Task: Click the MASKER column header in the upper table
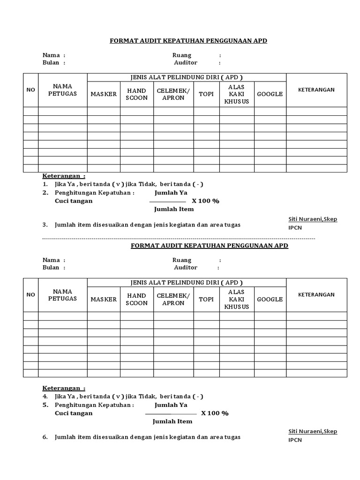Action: point(104,94)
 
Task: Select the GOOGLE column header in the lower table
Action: point(270,299)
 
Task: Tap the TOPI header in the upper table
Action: point(206,94)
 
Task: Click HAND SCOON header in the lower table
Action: point(137,299)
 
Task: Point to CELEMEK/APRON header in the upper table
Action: point(173,94)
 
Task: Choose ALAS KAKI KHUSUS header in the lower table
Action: point(237,299)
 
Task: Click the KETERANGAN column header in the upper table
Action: point(316,90)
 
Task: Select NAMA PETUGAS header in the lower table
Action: point(62,295)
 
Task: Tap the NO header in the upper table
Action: point(30,90)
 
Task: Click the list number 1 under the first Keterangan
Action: point(45,184)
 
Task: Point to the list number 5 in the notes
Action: point(45,405)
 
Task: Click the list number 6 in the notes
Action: point(45,437)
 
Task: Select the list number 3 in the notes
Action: point(45,225)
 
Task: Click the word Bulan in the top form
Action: point(51,63)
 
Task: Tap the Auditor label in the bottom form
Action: point(186,268)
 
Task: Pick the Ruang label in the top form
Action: point(182,55)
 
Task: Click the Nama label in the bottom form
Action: point(51,260)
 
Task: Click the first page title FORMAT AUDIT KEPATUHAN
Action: point(188,41)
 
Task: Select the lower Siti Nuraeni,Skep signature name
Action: point(312,431)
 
